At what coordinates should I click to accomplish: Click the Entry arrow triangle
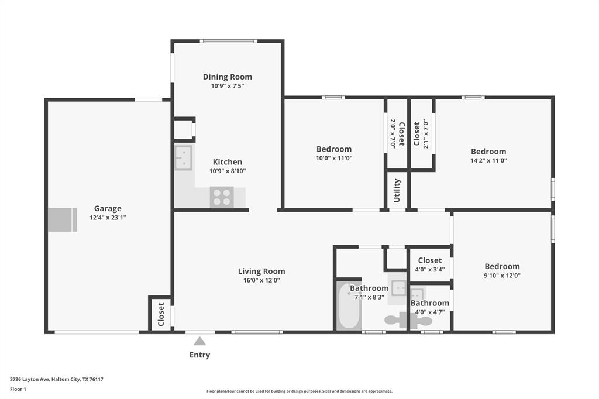pyautogui.click(x=199, y=341)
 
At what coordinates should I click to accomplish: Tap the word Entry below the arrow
pyautogui.click(x=199, y=355)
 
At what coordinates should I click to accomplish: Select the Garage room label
pyautogui.click(x=108, y=208)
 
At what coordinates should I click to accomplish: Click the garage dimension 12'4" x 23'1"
pyautogui.click(x=108, y=218)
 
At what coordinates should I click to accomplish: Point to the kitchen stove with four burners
pyautogui.click(x=222, y=197)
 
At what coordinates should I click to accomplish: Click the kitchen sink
pyautogui.click(x=183, y=157)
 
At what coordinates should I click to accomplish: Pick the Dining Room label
pyautogui.click(x=228, y=77)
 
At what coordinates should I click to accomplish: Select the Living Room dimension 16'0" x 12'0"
pyautogui.click(x=261, y=280)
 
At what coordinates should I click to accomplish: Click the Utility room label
pyautogui.click(x=397, y=190)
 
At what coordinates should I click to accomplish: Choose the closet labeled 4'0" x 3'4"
pyautogui.click(x=430, y=264)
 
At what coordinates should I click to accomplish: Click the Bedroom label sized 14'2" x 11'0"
pyautogui.click(x=488, y=152)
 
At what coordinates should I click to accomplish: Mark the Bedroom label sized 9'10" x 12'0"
pyautogui.click(x=502, y=266)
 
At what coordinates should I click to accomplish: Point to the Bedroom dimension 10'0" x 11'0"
pyautogui.click(x=334, y=158)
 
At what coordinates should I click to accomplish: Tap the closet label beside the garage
pyautogui.click(x=161, y=315)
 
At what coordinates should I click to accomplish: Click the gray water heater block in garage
pyautogui.click(x=62, y=219)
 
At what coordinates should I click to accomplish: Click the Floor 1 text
pyautogui.click(x=18, y=389)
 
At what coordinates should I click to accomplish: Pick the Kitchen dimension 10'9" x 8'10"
pyautogui.click(x=228, y=171)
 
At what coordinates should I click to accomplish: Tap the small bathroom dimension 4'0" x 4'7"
pyautogui.click(x=430, y=312)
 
